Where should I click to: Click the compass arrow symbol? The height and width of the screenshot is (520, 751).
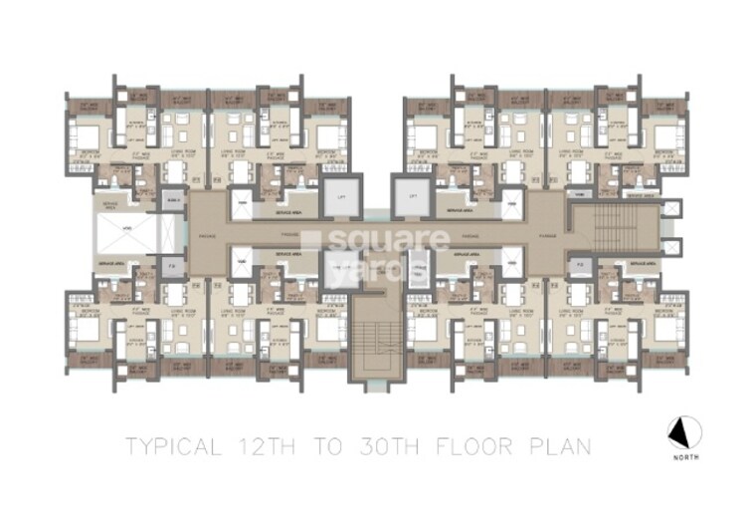684,431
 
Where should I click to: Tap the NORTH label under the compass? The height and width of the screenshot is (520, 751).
685,456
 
